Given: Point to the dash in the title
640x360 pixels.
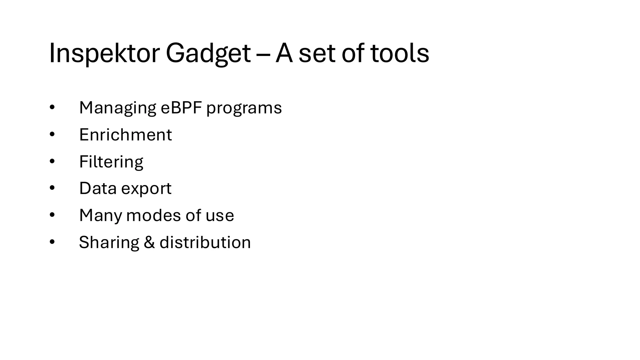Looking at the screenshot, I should tap(263, 54).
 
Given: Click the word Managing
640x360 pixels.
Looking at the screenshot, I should tap(117, 108).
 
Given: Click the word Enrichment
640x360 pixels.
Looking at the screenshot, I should tap(125, 135).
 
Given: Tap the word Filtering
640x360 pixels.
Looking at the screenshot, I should tap(111, 162).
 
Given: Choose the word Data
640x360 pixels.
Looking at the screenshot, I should tap(98, 188).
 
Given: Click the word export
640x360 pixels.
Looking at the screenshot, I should tap(146, 189).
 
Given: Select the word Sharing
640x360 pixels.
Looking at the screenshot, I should tap(109, 242).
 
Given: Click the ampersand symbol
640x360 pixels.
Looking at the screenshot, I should tap(149, 242).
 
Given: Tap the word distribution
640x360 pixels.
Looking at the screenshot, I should tap(205, 242).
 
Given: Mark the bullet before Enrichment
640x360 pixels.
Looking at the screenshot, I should tap(52, 135).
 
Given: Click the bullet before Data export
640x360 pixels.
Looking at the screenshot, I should tap(52, 188).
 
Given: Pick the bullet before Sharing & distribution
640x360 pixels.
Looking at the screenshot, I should tap(52, 242).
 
